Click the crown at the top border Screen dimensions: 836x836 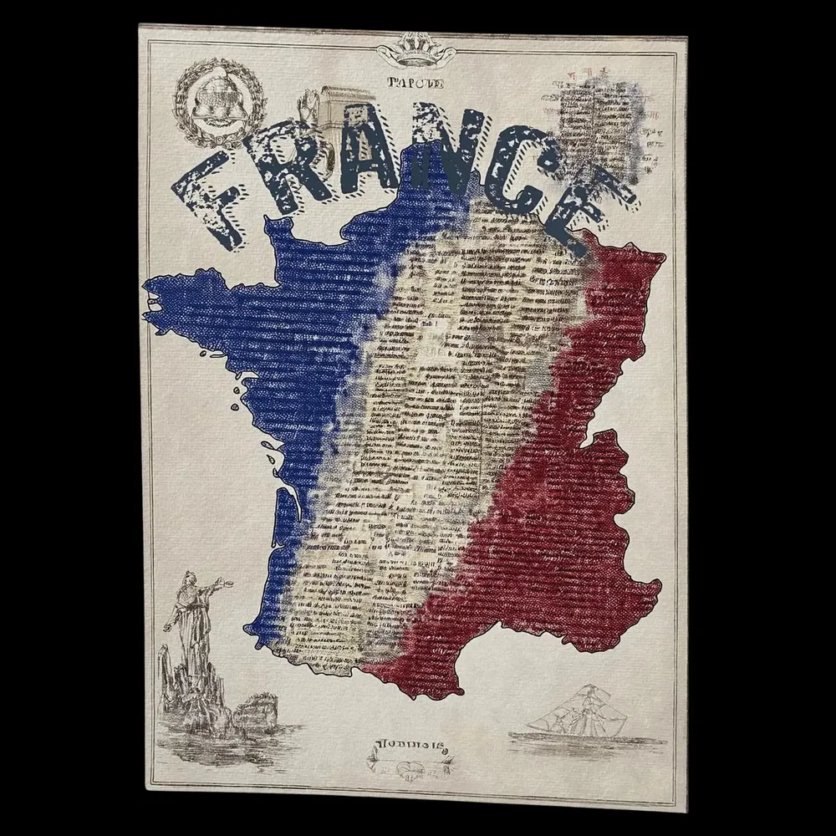pyautogui.click(x=415, y=51)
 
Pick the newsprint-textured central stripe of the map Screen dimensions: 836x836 pyautogui.click(x=418, y=418)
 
